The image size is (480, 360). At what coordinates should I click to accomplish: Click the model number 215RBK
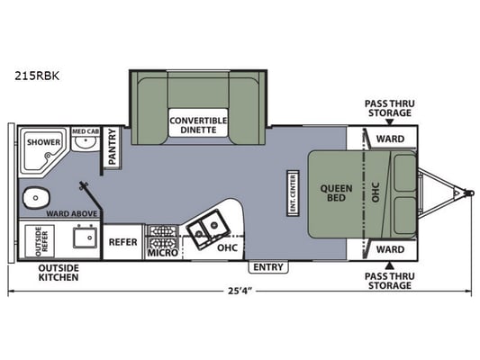tap(37, 76)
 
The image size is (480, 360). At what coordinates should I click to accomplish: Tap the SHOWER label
tap(43, 142)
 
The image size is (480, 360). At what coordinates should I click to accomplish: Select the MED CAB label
tap(86, 131)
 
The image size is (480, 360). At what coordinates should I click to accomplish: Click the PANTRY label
tap(113, 147)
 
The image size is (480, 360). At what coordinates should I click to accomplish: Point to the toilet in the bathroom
tap(36, 198)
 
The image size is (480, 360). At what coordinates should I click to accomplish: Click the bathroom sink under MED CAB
tap(86, 143)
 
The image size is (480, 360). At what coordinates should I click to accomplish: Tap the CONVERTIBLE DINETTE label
tap(198, 125)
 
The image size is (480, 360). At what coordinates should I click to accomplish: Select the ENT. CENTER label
tap(293, 193)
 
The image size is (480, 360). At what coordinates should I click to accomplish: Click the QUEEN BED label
tap(336, 193)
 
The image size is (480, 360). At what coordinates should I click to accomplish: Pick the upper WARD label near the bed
tap(390, 139)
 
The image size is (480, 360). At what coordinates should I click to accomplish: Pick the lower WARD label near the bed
tap(390, 249)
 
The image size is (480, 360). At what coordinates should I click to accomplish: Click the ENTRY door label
tap(268, 267)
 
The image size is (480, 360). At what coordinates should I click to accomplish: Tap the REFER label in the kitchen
tap(123, 242)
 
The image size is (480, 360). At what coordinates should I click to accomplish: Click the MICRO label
tap(163, 253)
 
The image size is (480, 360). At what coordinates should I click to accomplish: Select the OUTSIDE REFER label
tap(42, 241)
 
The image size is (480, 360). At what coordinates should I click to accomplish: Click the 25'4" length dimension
tap(240, 291)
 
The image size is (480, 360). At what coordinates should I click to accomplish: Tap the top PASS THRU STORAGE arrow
tap(389, 122)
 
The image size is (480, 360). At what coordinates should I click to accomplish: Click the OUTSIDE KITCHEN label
tap(59, 273)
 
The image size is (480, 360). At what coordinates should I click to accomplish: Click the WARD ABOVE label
tap(71, 214)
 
